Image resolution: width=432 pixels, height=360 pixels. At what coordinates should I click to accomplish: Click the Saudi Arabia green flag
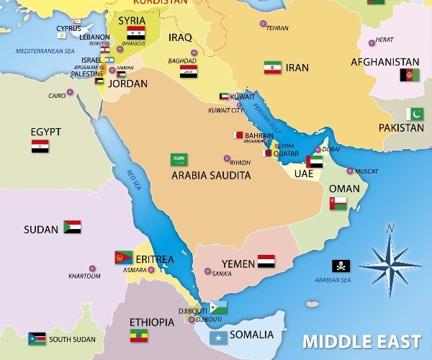click(179, 160)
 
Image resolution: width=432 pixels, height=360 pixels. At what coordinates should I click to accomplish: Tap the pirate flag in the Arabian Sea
click(341, 266)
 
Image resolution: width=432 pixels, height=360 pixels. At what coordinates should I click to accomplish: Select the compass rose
click(390, 262)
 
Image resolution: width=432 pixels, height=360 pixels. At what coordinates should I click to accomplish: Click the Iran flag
click(273, 68)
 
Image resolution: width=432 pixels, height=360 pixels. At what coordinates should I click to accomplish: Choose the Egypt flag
click(40, 146)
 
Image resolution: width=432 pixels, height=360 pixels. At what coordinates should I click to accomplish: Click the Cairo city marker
click(70, 92)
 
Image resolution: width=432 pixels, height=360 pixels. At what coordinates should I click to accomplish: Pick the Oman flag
click(338, 203)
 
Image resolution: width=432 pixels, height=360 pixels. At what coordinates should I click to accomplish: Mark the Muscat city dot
click(350, 171)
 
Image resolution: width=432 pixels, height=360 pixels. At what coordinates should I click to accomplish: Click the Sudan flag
click(72, 228)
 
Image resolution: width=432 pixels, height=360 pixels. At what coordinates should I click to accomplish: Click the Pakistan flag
click(415, 114)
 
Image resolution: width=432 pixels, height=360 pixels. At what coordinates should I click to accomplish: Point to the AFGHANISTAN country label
click(384, 61)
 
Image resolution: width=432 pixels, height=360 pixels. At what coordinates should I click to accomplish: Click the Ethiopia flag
click(138, 336)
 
